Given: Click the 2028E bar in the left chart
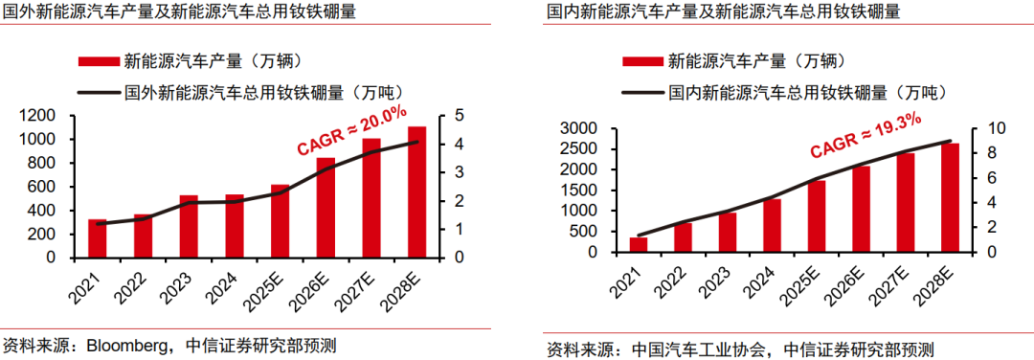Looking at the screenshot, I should click(x=417, y=191).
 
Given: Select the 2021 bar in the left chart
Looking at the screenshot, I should click(x=96, y=238).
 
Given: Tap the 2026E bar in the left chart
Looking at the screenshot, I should click(x=326, y=208).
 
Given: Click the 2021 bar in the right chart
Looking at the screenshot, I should click(x=638, y=244).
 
